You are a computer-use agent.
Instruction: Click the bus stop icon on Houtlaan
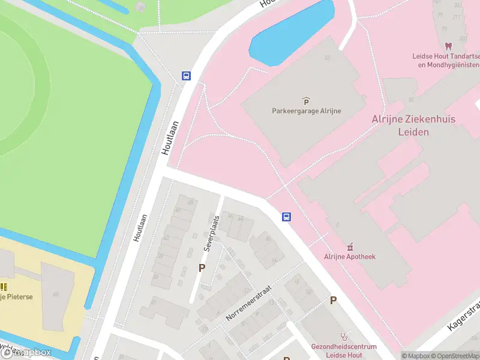187,76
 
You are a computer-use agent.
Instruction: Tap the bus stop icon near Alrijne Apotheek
287,217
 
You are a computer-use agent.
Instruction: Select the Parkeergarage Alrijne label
305,111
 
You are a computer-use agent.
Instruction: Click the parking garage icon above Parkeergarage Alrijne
306,100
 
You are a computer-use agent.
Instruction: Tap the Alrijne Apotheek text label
350,257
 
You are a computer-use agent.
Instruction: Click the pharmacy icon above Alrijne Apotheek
350,246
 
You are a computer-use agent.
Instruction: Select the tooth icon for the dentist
448,46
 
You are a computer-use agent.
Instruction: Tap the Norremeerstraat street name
249,302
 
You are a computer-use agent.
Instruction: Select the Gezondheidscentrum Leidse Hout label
344,350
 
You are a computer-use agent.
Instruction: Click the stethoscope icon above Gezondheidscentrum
344,337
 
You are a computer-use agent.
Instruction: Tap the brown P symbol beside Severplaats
202,268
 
